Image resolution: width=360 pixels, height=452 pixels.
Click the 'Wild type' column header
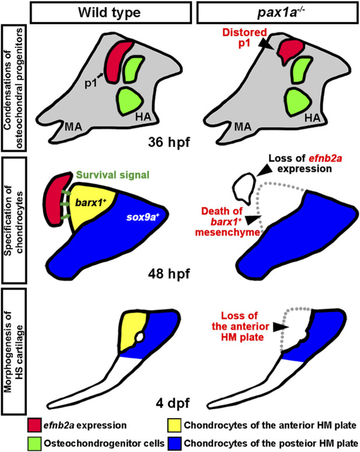coord(111,12)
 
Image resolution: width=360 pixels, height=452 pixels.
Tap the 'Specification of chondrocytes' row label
coord(13,218)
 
